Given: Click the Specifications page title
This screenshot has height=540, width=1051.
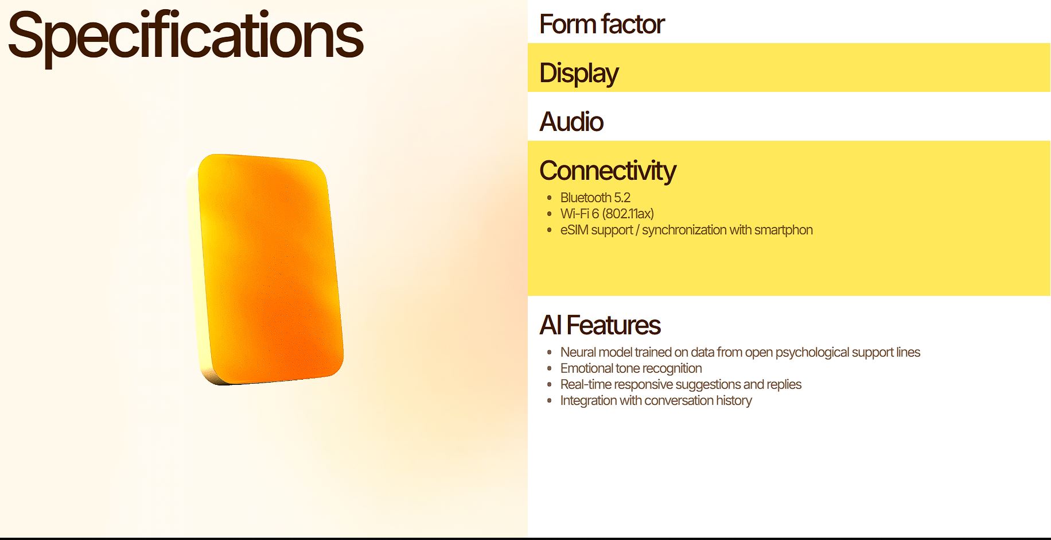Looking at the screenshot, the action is pyautogui.click(x=185, y=38).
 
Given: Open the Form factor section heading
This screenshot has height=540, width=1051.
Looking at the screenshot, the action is pyautogui.click(x=602, y=24).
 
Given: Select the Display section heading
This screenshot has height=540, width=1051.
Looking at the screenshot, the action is pyautogui.click(x=579, y=74).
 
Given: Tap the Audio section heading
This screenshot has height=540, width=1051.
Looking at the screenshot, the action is pyautogui.click(x=571, y=122).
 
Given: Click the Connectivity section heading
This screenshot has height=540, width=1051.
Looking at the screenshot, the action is pyautogui.click(x=608, y=171).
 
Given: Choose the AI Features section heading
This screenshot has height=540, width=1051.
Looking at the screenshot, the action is pyautogui.click(x=600, y=325).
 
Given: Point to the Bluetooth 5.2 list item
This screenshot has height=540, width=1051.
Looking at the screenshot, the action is pyautogui.click(x=595, y=198).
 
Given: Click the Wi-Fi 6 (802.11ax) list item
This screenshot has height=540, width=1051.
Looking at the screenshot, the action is pyautogui.click(x=607, y=214).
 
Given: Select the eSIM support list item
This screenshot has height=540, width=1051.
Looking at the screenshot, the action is pyautogui.click(x=686, y=230).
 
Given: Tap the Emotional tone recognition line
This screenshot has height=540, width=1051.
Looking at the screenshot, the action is pyautogui.click(x=631, y=368).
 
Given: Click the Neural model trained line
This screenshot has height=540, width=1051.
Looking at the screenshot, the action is pyautogui.click(x=740, y=352).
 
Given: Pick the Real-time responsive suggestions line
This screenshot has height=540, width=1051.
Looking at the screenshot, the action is pyautogui.click(x=680, y=384).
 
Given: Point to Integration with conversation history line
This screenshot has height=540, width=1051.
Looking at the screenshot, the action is pyautogui.click(x=656, y=400).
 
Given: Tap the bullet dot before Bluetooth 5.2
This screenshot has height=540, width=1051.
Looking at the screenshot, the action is pyautogui.click(x=549, y=198).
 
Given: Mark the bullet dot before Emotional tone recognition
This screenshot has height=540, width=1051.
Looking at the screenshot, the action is pyautogui.click(x=549, y=368).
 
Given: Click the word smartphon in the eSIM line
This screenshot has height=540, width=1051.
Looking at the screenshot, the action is pyautogui.click(x=783, y=230).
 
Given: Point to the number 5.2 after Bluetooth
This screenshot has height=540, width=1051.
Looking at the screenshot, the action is pyautogui.click(x=622, y=198).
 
